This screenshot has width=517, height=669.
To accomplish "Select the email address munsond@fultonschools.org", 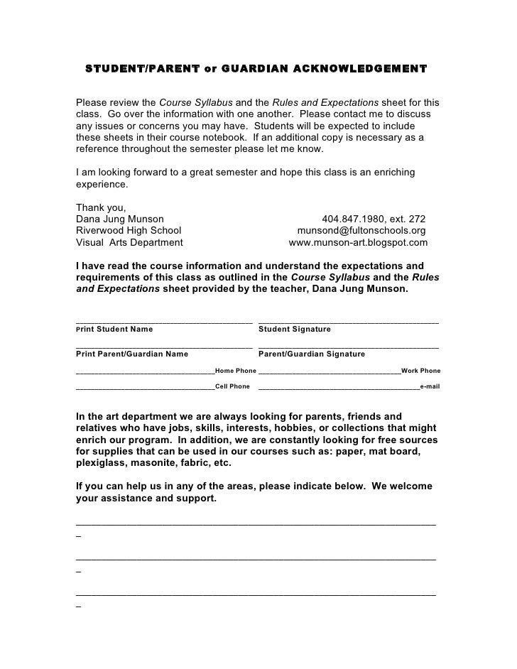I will pos(361,231).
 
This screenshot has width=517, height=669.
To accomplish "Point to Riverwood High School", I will pos(128,231).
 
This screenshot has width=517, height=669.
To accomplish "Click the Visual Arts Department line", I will pos(129,242).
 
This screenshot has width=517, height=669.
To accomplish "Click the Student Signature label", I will pos(295,330).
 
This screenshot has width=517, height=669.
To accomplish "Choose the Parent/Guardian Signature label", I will pos(312,354).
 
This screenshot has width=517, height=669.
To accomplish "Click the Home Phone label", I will pos(235,371).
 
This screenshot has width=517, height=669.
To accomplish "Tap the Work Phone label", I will pos(420,371).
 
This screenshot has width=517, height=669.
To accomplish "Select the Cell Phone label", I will pos(232,387).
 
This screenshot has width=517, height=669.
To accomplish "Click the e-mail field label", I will pos(430,387).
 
